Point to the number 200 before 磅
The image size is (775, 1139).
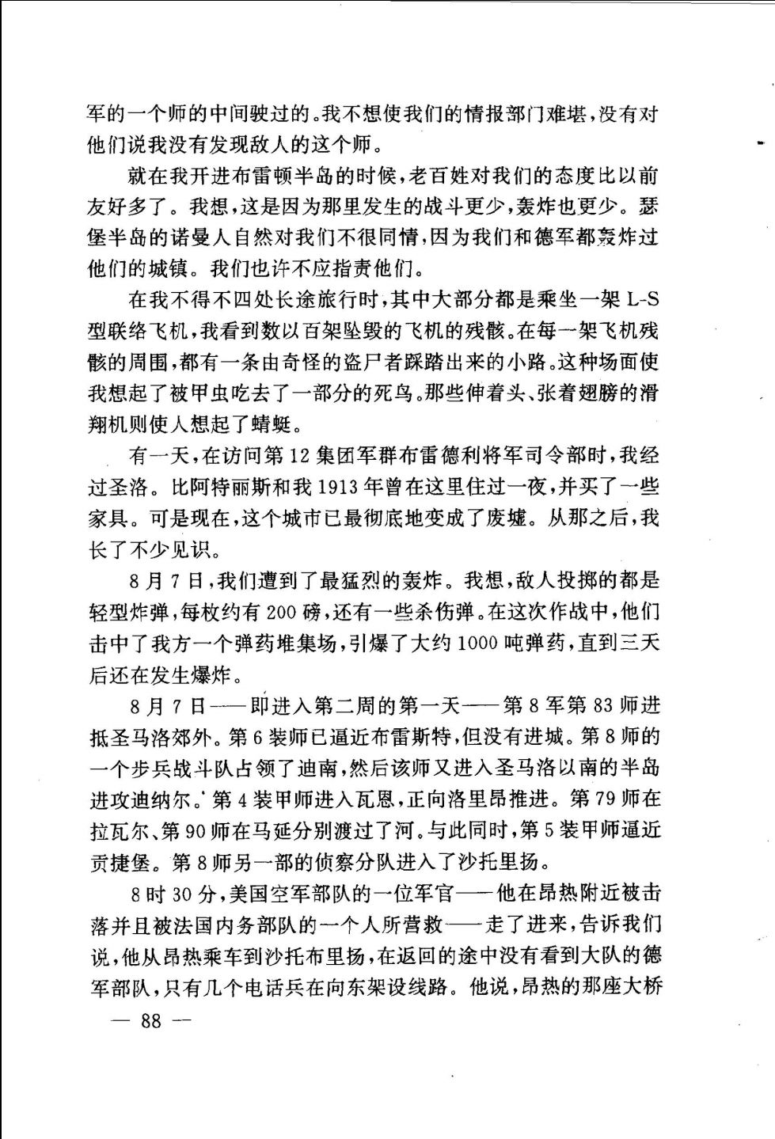[283, 612]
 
